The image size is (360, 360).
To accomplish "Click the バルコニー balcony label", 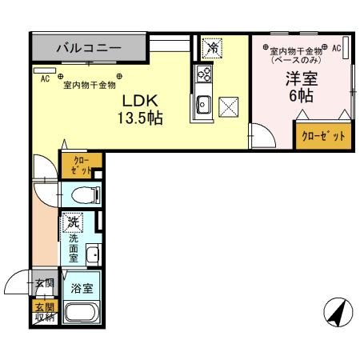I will (89, 49).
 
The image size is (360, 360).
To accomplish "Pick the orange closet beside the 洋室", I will (322, 135).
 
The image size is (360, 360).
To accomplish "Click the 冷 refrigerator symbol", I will (212, 47).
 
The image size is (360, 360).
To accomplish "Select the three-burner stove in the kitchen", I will (203, 75).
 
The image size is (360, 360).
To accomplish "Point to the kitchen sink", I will (203, 103).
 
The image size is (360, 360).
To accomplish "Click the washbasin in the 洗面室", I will (92, 256).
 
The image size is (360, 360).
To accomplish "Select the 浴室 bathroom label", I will (80, 288).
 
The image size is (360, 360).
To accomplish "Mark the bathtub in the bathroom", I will (81, 313).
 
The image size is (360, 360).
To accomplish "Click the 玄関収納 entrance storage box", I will (43, 312).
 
